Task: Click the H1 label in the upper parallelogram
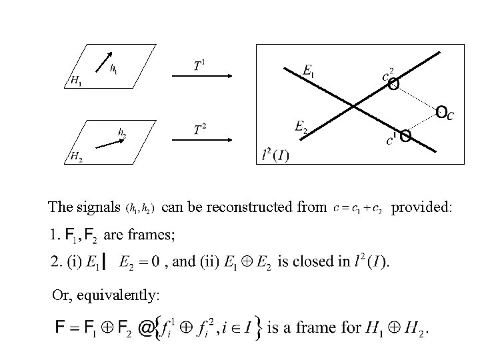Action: click(x=77, y=81)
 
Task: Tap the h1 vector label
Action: click(x=114, y=68)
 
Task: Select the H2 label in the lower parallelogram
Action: click(x=77, y=157)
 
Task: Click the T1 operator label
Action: click(x=199, y=65)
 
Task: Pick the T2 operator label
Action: click(x=199, y=129)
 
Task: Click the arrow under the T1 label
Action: click(x=201, y=77)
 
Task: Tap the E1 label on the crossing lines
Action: click(x=309, y=71)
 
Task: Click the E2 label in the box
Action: click(x=301, y=125)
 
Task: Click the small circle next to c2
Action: click(x=394, y=84)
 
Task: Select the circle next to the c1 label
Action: click(x=405, y=136)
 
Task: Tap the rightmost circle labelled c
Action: click(x=441, y=111)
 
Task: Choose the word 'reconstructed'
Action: click(x=250, y=208)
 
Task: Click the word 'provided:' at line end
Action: click(x=421, y=208)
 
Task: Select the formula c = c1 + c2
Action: click(x=357, y=209)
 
